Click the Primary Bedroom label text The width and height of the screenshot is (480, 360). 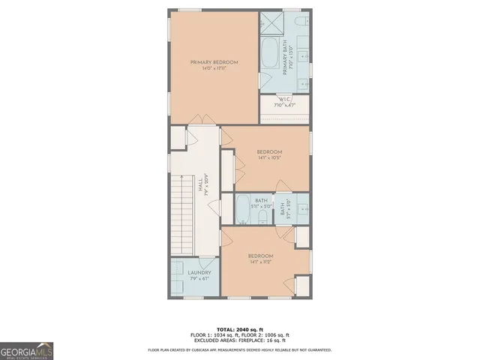[x=214, y=62]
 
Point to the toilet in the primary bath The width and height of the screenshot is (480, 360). [x=299, y=20]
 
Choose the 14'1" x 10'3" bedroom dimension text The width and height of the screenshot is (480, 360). [x=269, y=157]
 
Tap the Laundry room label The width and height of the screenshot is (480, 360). [x=199, y=273]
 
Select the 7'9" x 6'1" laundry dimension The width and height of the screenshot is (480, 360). [x=199, y=280]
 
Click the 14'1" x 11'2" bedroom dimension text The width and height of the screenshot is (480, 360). [x=260, y=262]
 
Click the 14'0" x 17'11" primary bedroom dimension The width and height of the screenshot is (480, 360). [x=214, y=68]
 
